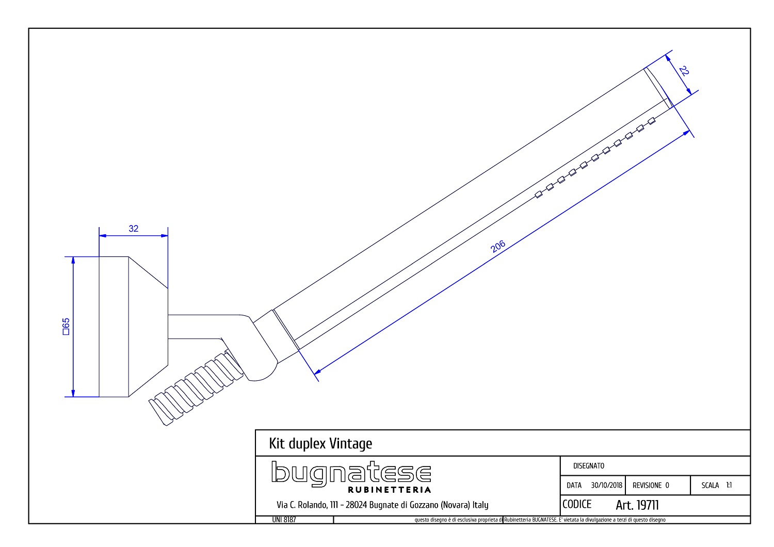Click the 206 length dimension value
click(498, 246)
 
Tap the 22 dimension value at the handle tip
click(684, 71)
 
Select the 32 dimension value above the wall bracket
click(133, 229)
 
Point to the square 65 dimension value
click(66, 327)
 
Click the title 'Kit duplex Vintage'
click(320, 443)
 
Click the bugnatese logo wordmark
click(351, 473)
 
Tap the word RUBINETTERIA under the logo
click(390, 490)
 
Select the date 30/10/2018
click(606, 485)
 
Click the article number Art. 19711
click(637, 505)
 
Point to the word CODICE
click(577, 505)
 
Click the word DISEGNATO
click(589, 466)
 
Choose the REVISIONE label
click(647, 485)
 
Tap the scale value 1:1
click(729, 485)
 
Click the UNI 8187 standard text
click(284, 520)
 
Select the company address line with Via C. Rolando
click(382, 505)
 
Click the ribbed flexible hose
click(196, 388)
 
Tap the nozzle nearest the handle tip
click(652, 121)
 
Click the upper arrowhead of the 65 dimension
click(73, 260)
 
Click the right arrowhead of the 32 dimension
click(165, 236)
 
